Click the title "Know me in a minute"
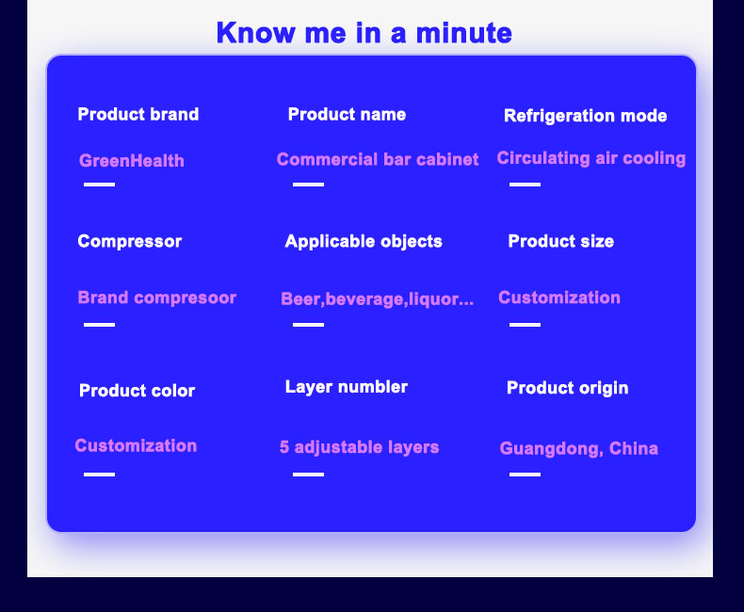click(x=364, y=33)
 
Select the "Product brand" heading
click(x=138, y=114)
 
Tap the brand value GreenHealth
click(x=132, y=161)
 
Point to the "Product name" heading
click(x=347, y=114)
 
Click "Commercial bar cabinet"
click(x=378, y=159)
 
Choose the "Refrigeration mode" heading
click(x=586, y=116)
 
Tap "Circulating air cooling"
click(x=591, y=158)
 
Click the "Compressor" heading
click(x=130, y=241)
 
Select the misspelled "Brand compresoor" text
click(x=157, y=298)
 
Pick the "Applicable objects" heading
click(x=364, y=241)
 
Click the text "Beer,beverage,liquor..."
click(x=378, y=299)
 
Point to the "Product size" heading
click(x=561, y=241)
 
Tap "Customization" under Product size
click(x=559, y=298)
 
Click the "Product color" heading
click(x=137, y=391)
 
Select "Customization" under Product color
click(x=136, y=446)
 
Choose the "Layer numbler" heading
click(x=347, y=387)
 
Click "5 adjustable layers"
click(x=359, y=447)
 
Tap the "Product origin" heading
click(x=568, y=388)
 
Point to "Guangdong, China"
click(x=579, y=449)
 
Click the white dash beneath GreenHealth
click(x=99, y=185)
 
